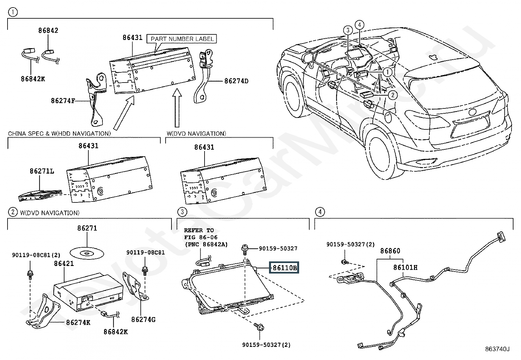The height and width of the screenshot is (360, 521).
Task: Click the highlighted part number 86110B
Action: [284, 268]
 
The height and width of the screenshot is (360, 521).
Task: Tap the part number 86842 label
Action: [48, 30]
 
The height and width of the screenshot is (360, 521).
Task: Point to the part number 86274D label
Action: [236, 81]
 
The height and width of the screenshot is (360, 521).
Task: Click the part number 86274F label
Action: [63, 101]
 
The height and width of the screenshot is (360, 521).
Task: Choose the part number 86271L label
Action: [42, 171]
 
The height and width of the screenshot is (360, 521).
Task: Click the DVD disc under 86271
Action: [87, 253]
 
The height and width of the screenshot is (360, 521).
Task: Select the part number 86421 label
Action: [64, 263]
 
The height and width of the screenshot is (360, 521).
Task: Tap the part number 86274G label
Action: [143, 319]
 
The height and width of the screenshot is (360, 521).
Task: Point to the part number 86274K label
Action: [78, 323]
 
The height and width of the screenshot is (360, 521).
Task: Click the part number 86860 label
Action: [390, 251]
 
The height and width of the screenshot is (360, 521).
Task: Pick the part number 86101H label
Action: [405, 267]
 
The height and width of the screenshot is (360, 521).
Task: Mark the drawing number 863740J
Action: [497, 349]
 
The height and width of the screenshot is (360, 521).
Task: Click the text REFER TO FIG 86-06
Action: [201, 234]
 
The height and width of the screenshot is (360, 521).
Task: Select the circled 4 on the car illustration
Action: [360, 25]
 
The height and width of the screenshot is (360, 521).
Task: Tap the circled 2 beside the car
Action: [393, 95]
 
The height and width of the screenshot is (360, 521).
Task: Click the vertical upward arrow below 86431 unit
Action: [177, 107]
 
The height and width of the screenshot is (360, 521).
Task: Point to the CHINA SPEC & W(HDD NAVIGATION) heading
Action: [59, 133]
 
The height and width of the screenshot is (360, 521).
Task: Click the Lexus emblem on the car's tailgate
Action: [472, 112]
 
